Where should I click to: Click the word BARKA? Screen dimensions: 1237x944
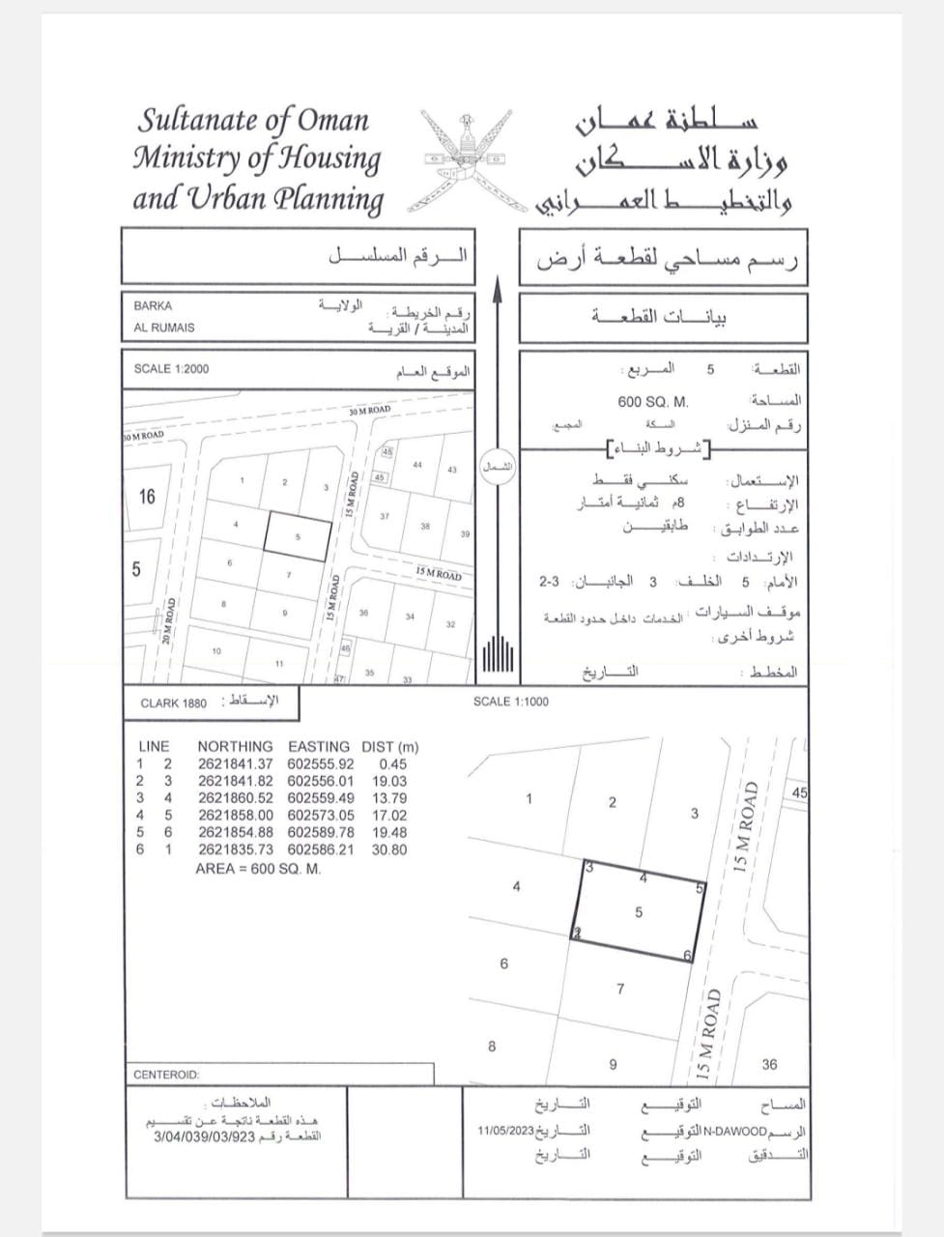(153, 306)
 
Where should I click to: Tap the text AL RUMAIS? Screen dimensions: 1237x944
(163, 328)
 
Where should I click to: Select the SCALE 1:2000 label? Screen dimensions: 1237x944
(171, 369)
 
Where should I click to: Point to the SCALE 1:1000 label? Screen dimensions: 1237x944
(510, 702)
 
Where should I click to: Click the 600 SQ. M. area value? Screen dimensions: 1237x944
(652, 400)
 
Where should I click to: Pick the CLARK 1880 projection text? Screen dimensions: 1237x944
(174, 704)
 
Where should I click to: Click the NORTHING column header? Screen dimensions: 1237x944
(235, 746)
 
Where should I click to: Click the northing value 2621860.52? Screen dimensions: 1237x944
(236, 798)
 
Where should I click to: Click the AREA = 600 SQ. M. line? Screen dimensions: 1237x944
(257, 868)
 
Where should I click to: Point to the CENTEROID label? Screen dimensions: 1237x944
(166, 1075)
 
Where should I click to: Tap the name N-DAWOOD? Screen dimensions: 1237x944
(735, 1131)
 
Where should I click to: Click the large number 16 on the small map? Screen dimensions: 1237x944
(147, 497)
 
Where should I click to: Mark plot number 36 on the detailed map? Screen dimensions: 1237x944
(769, 1065)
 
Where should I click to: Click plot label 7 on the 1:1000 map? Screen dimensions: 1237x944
(620, 989)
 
